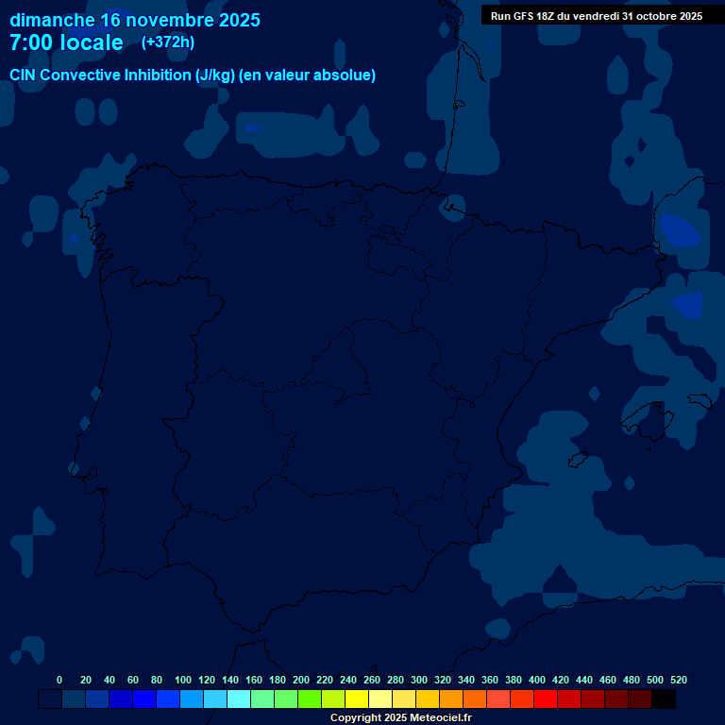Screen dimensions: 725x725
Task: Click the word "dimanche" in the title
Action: pyautogui.click(x=51, y=20)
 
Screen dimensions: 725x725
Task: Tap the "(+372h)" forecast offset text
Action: pyautogui.click(x=167, y=42)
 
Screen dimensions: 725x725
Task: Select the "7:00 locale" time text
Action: pyautogui.click(x=66, y=42)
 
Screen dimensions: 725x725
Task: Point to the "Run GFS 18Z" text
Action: pyautogui.click(x=523, y=16)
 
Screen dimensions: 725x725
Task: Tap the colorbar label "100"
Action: pyautogui.click(x=183, y=680)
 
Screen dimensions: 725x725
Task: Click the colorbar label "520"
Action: pyautogui.click(x=678, y=680)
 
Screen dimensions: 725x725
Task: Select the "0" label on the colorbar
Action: pyautogui.click(x=59, y=680)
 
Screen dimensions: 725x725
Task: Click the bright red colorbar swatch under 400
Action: pyautogui.click(x=546, y=700)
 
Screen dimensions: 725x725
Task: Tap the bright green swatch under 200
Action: pyautogui.click(x=310, y=700)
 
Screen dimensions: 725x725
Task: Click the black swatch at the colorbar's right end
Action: pyautogui.click(x=664, y=700)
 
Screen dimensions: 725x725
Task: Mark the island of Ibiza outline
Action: pyautogui.click(x=579, y=459)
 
